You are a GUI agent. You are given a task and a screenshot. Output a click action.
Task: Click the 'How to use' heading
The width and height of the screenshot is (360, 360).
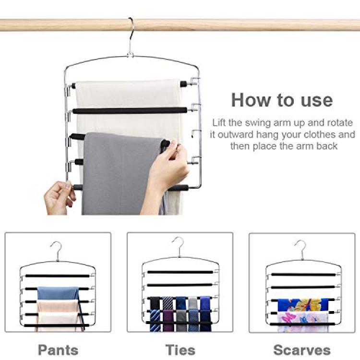pos(282,100)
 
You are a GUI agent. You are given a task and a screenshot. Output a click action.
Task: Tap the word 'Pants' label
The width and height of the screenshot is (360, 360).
pos(58,350)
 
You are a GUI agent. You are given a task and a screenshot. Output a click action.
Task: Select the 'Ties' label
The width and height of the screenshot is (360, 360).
pos(180,350)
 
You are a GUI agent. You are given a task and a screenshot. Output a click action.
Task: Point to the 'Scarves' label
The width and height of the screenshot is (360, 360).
pos(302,350)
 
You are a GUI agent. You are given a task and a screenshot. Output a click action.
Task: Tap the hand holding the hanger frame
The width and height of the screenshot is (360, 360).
pos(59,197)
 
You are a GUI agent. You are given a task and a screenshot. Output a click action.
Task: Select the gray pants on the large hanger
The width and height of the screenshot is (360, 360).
pos(122,175)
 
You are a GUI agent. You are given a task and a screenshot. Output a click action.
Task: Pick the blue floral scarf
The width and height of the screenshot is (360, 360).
pos(303,305)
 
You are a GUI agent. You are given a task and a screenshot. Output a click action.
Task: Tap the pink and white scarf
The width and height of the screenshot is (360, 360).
pos(303,322)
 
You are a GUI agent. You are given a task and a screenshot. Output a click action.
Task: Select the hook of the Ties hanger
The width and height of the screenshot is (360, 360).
pos(179,246)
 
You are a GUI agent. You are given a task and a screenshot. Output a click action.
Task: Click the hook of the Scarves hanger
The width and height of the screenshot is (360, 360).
pos(301,249)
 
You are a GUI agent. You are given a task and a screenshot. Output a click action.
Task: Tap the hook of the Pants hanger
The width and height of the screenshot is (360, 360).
pos(57,251)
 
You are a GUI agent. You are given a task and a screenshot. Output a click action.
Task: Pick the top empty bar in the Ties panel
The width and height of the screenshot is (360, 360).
pos(180,272)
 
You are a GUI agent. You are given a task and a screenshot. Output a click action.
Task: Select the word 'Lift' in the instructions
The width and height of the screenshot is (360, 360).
pos(219,122)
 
